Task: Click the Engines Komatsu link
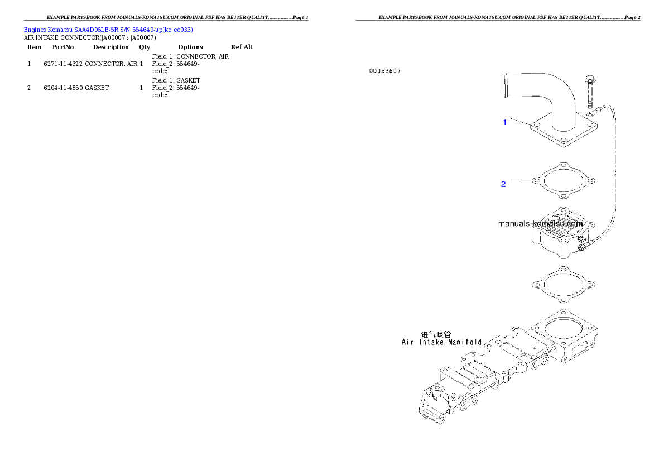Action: coord(48,30)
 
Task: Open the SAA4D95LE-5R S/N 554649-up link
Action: coord(133,30)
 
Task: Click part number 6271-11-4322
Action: coord(63,64)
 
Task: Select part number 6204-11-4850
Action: coord(63,88)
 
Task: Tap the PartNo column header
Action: coord(63,47)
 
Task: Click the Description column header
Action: coord(111,47)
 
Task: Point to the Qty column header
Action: coord(145,47)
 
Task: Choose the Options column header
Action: coord(190,47)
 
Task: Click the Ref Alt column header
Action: coord(242,47)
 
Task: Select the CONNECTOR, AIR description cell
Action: coord(111,64)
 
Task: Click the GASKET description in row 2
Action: coord(97,88)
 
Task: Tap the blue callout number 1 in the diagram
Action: coord(504,122)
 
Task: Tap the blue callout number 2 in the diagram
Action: coord(503,184)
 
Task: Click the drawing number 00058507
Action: coord(385,71)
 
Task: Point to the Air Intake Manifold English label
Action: coord(442,342)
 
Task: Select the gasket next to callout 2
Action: coord(563,180)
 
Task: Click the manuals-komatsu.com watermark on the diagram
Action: coord(540,224)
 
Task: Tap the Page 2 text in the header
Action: coord(632,17)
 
